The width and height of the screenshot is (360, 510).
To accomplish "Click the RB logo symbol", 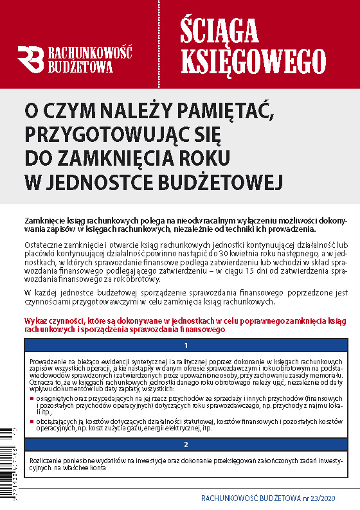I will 31,58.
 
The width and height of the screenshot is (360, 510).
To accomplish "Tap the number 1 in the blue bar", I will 186,346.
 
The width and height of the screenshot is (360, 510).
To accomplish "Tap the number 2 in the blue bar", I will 186,444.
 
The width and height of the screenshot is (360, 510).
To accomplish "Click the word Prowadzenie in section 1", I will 48,362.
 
